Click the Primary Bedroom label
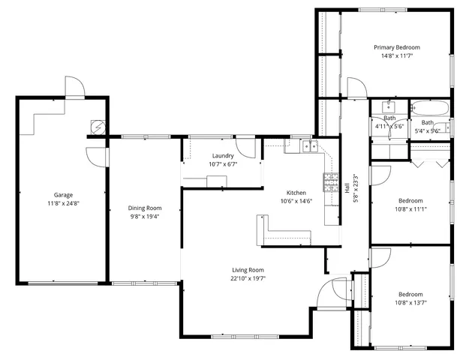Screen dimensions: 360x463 tap(397, 46)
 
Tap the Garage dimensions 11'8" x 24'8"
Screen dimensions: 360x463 tap(63, 203)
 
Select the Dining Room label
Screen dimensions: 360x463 tap(144, 208)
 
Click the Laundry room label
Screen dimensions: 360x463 tap(223, 155)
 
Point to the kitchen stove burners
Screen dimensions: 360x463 tap(329, 181)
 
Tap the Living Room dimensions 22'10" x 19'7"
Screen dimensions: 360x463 tap(247, 278)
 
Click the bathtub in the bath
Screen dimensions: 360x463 tap(431, 108)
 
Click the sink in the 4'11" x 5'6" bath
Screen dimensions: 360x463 tap(389, 106)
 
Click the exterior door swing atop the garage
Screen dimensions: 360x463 tap(74, 87)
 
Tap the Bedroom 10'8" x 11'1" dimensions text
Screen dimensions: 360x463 tap(410, 209)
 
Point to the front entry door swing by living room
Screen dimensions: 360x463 tap(327, 294)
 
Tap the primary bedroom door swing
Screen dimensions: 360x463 tap(356, 88)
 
